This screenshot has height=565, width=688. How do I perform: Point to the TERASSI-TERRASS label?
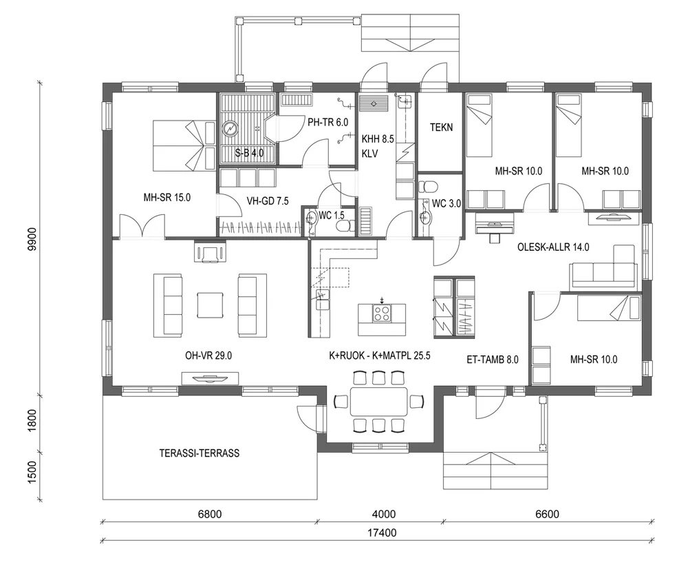(x=200, y=453)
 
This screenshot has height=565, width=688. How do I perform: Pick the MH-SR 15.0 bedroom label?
(x=166, y=198)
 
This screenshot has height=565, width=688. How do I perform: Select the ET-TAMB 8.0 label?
(x=492, y=359)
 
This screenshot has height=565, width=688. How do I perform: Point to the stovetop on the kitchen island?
(x=382, y=314)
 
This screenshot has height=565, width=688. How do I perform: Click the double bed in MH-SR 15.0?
(x=178, y=145)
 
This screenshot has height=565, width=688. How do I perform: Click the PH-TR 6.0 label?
(x=328, y=121)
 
